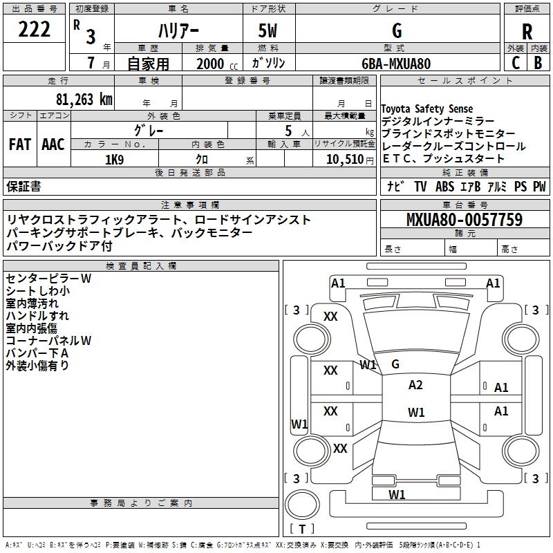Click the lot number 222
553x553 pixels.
pyautogui.click(x=34, y=29)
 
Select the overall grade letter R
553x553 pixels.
pyautogui.click(x=527, y=32)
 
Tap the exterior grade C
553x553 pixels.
pyautogui.click(x=516, y=63)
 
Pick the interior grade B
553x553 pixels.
pyautogui.click(x=538, y=63)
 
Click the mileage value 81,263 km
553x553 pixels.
pyautogui.click(x=84, y=100)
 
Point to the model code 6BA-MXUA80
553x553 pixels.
pyautogui.click(x=396, y=64)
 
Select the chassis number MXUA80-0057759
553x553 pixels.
pyautogui.click(x=465, y=220)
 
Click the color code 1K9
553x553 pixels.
pyautogui.click(x=114, y=160)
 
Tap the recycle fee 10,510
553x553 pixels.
pyautogui.click(x=345, y=160)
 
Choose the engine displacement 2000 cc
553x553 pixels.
pyautogui.click(x=217, y=64)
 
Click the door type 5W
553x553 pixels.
pyautogui.click(x=268, y=30)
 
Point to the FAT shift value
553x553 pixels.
pyautogui.click(x=20, y=144)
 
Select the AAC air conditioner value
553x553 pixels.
pyautogui.click(x=53, y=144)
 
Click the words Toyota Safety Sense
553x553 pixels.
pyautogui.click(x=427, y=109)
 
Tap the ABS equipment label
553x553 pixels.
pyautogui.click(x=444, y=186)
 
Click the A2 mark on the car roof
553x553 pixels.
pyautogui.click(x=415, y=385)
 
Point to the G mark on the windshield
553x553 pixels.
pyautogui.click(x=395, y=364)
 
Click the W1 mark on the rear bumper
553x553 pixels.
pyautogui.click(x=397, y=494)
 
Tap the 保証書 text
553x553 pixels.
pyautogui.click(x=24, y=186)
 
